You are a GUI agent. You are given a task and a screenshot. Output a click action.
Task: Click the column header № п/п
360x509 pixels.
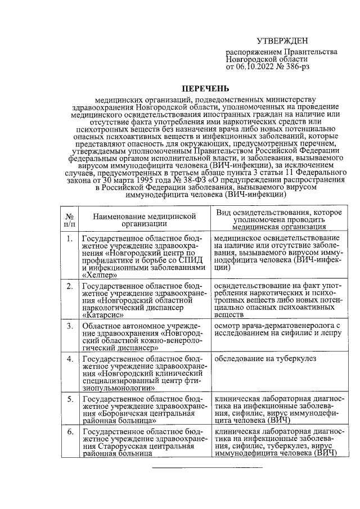[x=70, y=219]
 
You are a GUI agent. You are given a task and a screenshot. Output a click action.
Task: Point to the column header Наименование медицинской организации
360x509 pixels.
[x=144, y=219]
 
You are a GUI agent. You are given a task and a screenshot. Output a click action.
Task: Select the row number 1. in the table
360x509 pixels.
[x=70, y=239]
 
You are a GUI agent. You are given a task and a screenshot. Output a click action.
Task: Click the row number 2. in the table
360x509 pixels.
[x=70, y=286]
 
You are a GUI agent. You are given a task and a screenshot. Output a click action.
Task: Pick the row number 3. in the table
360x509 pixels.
[x=70, y=326]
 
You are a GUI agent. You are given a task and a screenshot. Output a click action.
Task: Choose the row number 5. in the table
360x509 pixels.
[x=70, y=399]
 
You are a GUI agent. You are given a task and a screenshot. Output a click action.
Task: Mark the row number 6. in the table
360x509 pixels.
[x=70, y=431]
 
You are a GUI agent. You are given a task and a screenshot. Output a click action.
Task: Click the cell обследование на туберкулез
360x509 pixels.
[x=265, y=358]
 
